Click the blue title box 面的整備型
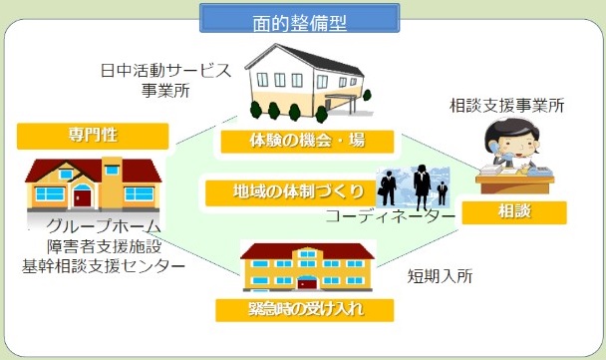(300, 18)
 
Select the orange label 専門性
(93, 136)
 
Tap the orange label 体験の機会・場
(307, 142)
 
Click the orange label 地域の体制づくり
(291, 192)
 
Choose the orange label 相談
(514, 212)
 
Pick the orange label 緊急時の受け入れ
(305, 310)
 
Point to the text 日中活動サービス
(165, 71)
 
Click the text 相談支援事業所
(506, 106)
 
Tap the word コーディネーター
(391, 216)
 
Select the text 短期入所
(440, 276)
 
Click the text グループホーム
(104, 225)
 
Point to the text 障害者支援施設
(105, 246)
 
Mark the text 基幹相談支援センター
(104, 266)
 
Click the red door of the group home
(83, 196)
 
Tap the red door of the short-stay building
(307, 283)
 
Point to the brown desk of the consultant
(514, 184)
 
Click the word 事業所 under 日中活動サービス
(165, 91)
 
